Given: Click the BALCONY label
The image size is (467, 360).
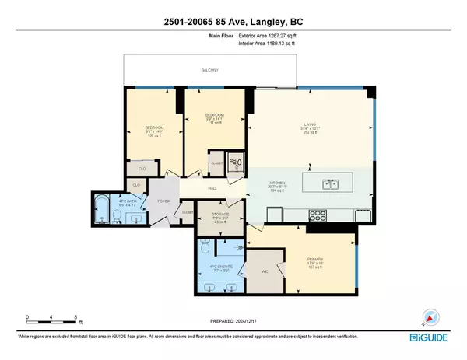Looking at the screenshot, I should click(209, 70).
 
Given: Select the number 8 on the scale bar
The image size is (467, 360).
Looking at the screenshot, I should click(75, 316).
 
